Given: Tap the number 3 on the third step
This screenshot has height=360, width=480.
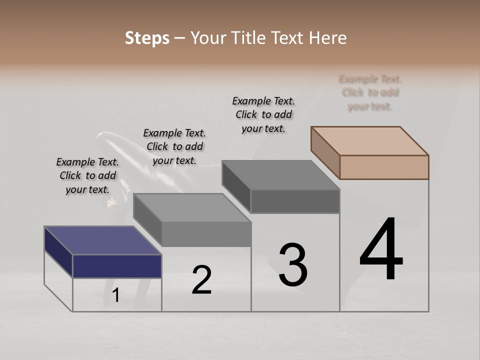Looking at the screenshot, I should [293, 264].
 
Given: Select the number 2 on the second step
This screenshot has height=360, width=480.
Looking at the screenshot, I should [202, 280].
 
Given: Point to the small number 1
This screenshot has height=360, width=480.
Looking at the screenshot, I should [116, 295].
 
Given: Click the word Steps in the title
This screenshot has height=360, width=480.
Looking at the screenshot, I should [147, 38].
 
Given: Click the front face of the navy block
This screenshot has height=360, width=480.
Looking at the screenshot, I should [117, 266].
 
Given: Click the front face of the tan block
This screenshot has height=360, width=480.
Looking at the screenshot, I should [384, 167].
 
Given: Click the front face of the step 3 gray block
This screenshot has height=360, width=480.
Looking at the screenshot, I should [295, 201].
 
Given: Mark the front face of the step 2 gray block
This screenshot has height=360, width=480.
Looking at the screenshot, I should [206, 234].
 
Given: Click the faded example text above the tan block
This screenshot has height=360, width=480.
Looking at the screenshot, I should [370, 92].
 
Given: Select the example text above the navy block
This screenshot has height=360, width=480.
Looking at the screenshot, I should [87, 175].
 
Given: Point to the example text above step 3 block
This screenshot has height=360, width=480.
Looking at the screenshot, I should [263, 114].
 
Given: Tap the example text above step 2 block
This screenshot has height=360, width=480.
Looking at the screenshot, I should [174, 146].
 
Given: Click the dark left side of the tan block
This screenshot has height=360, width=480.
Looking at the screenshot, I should [325, 152].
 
